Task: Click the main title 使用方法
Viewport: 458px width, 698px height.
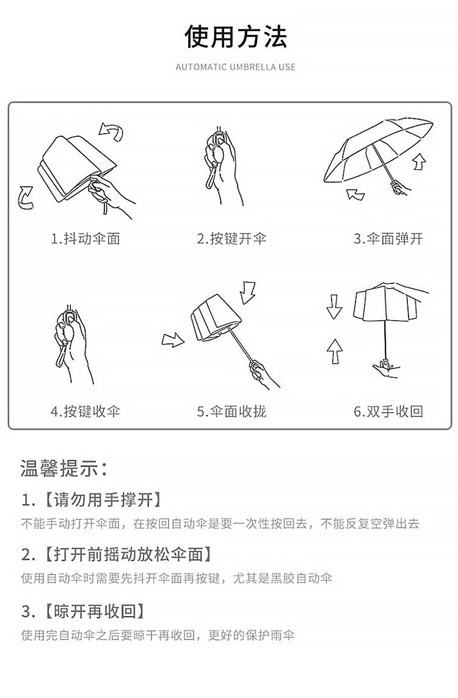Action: point(236,37)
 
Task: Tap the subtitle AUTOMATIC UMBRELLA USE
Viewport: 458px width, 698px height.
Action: point(236,67)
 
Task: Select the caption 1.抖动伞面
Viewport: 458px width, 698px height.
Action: point(85,239)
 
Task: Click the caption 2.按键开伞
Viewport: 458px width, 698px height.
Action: point(231,239)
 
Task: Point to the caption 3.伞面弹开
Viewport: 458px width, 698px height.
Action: point(388,239)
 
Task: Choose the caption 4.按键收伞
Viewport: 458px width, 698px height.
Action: point(85,411)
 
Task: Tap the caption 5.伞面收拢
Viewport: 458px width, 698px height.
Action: point(231,411)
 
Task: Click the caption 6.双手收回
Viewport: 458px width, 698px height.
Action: point(388,411)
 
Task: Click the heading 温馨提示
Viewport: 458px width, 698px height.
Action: point(64,469)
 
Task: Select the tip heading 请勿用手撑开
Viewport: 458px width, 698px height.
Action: point(103,500)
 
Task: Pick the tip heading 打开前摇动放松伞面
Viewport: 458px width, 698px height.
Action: point(128,554)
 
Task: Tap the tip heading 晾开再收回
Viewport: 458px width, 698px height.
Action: point(95,611)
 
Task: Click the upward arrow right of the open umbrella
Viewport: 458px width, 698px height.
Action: point(420,162)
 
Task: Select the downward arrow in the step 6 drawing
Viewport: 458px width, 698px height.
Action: point(334,307)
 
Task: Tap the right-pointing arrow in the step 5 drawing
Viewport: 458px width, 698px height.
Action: point(173,341)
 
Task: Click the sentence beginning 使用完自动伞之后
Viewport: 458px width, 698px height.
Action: point(158,635)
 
